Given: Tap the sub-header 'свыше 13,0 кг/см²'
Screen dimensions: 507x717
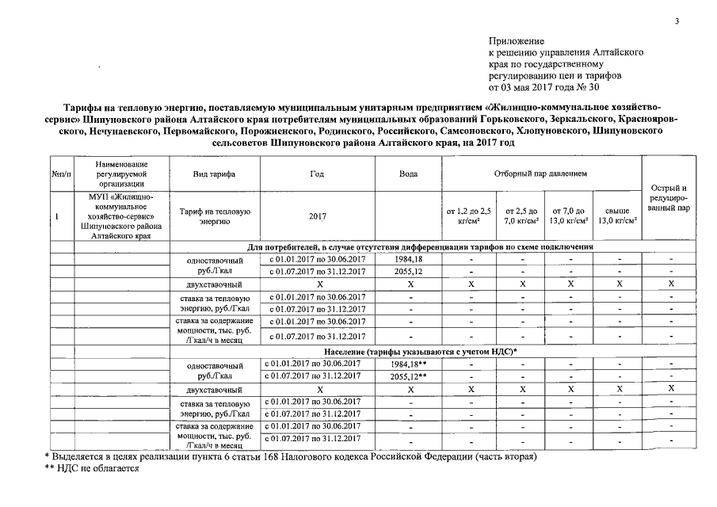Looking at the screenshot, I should click(620, 215).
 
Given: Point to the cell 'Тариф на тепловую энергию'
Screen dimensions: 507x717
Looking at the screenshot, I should click(214, 215).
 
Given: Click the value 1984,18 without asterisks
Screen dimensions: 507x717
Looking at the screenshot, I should click(409, 259).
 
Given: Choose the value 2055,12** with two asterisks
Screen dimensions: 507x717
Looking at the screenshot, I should click(409, 376).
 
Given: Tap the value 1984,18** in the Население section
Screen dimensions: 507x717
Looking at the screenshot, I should click(409, 364).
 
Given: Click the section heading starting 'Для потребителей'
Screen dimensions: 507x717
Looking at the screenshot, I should click(419, 247).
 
